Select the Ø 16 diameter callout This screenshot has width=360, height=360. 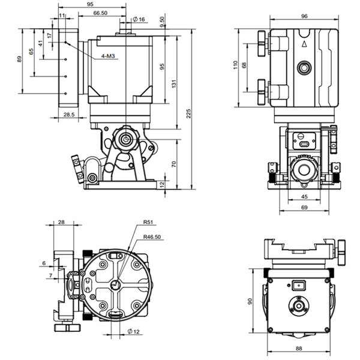pyautogui.click(x=139, y=19)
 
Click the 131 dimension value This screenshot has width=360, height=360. pyautogui.click(x=174, y=85)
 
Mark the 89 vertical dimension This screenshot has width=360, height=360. pyautogui.click(x=20, y=59)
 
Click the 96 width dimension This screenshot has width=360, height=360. pyautogui.click(x=304, y=17)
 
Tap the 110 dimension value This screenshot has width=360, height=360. pyautogui.click(x=236, y=65)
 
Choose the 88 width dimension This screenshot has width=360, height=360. pyautogui.click(x=298, y=349)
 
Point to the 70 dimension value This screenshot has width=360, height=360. pyautogui.click(x=174, y=163)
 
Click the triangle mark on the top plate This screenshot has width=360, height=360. pyautogui.click(x=304, y=43)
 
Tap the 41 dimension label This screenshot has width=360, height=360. pyautogui.click(x=40, y=43)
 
